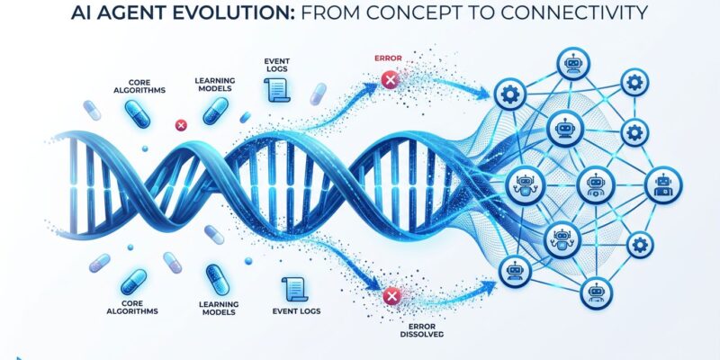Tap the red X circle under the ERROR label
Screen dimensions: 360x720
click(x=390, y=82)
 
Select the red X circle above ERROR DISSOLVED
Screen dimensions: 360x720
click(x=391, y=294)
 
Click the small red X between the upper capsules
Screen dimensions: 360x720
click(x=179, y=126)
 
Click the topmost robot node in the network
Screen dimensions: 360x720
click(x=572, y=64)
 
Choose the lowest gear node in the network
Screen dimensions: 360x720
click(x=641, y=243)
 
